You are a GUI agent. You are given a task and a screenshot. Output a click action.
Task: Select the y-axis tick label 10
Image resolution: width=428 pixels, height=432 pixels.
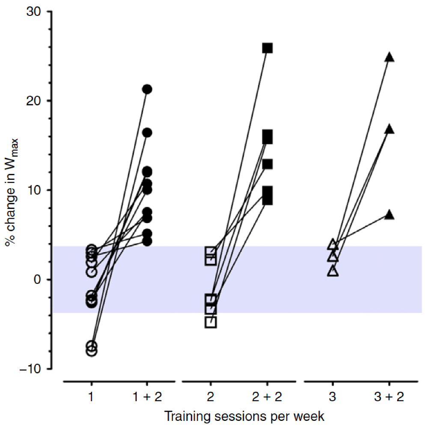tap(35, 190)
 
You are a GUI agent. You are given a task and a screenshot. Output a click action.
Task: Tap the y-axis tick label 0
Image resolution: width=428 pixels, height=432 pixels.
tap(38, 280)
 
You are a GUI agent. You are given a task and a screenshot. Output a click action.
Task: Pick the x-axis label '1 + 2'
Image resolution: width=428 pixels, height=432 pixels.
tap(147, 397)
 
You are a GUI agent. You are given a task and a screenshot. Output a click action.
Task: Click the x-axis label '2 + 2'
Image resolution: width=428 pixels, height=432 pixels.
tap(267, 397)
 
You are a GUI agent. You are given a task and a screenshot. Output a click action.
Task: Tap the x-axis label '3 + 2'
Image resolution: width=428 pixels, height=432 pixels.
tap(389, 397)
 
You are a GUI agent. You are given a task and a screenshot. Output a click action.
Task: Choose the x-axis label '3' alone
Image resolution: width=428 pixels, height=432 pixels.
tap(333, 397)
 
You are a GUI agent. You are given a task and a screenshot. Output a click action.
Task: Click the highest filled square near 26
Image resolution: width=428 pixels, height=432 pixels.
tap(267, 48)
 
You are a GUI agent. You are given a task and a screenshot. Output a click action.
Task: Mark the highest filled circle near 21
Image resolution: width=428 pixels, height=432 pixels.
tap(147, 89)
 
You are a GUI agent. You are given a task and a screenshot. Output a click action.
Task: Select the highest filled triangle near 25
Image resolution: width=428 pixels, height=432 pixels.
tap(389, 57)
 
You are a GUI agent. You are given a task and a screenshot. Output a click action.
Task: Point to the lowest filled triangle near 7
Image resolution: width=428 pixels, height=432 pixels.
tap(389, 215)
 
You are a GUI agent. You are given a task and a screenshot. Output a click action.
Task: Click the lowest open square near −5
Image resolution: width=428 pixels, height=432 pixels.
tap(211, 322)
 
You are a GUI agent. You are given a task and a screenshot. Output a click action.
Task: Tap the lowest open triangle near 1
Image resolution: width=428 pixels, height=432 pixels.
tap(333, 271)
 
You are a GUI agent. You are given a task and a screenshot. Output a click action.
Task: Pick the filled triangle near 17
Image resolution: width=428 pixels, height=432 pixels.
tap(389, 129)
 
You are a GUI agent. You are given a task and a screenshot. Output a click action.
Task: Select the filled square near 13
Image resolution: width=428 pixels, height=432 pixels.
tap(267, 164)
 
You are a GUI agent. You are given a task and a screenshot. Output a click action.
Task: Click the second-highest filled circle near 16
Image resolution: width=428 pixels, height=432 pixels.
tap(147, 133)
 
